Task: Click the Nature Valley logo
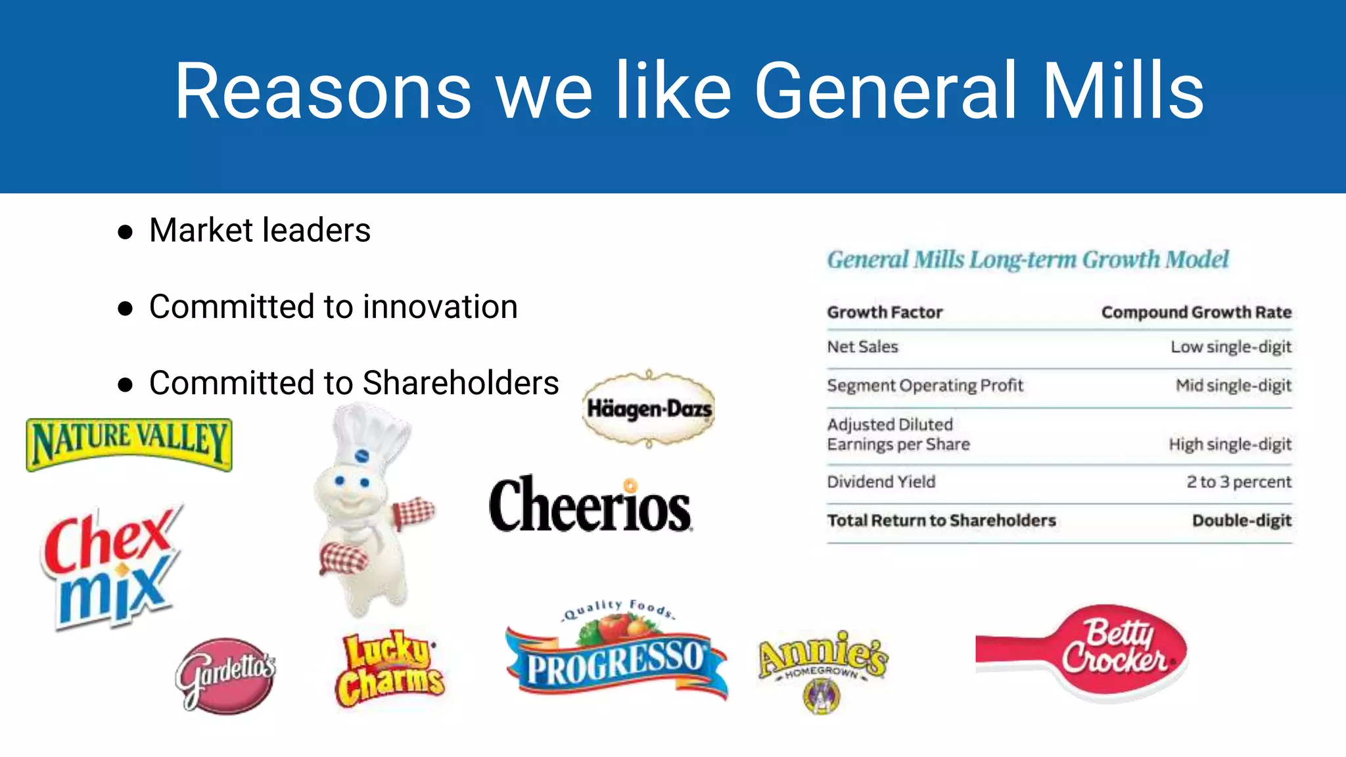coord(129,444)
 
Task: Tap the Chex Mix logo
coord(110,566)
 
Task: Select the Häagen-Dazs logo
coord(649,409)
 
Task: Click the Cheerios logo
coord(590,505)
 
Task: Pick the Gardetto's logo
coord(225,675)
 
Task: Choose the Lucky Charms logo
coord(390,670)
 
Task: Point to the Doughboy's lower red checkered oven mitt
coord(344,559)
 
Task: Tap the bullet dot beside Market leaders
coord(125,232)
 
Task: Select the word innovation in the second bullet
coord(440,307)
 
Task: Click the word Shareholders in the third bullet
coord(460,383)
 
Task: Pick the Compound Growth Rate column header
coord(1196,312)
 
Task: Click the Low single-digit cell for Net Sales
coord(1230,347)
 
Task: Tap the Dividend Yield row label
coord(881,482)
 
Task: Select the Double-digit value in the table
coord(1242,520)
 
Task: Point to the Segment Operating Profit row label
coord(925,386)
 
